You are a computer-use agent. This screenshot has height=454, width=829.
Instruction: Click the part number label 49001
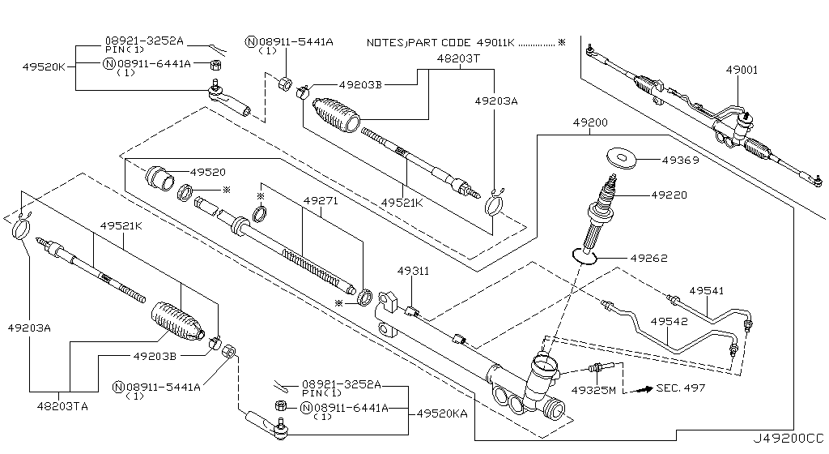(x=742, y=70)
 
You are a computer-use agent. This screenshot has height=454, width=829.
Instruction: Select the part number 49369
(x=680, y=160)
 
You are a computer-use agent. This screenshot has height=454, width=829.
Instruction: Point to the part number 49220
(x=669, y=195)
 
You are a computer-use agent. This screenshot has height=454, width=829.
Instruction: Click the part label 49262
(x=648, y=259)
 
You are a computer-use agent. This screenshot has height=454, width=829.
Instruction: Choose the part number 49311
(x=414, y=271)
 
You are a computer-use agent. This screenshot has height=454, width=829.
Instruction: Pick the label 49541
(x=706, y=290)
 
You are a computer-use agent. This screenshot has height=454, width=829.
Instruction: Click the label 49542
(x=669, y=321)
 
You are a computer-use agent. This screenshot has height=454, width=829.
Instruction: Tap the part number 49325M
(x=593, y=391)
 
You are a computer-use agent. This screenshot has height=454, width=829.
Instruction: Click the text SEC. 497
(x=681, y=388)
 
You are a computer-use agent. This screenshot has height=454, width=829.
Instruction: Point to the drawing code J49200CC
(x=789, y=438)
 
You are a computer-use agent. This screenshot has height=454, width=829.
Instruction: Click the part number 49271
(x=321, y=201)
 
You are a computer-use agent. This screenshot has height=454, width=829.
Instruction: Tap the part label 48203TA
(x=62, y=406)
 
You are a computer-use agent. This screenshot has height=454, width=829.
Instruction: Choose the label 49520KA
(x=442, y=413)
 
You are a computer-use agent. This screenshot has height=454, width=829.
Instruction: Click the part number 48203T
(x=458, y=58)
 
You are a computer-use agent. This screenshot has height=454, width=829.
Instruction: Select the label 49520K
(x=44, y=66)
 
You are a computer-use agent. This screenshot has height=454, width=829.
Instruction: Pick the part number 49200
(x=590, y=122)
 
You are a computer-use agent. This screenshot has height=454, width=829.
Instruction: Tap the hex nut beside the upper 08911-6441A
(x=215, y=65)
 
